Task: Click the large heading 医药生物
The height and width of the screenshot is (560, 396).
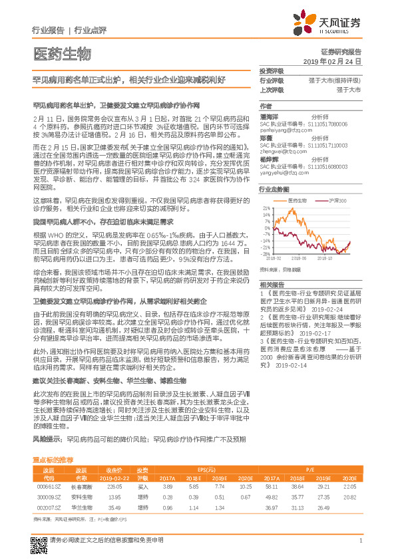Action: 62,53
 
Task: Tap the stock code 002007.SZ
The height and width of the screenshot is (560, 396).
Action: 48,507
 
